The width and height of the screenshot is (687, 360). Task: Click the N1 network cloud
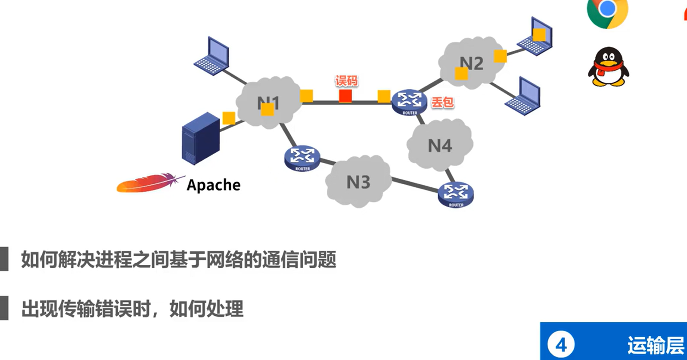[268, 102]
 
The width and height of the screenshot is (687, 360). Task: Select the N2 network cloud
[471, 63]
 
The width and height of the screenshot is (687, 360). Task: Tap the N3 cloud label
[358, 183]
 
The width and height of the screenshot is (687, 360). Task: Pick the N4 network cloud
[440, 145]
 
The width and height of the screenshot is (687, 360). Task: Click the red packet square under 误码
[345, 96]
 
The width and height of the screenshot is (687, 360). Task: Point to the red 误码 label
[347, 81]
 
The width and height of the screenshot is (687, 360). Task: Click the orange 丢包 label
[442, 102]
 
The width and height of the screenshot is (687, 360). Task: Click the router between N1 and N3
[302, 158]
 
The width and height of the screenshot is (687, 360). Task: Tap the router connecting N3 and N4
[456, 194]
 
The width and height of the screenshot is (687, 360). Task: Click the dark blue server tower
[200, 139]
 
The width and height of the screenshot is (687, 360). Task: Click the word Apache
[214, 185]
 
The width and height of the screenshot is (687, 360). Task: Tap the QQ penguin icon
[608, 67]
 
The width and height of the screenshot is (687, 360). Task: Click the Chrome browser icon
[607, 11]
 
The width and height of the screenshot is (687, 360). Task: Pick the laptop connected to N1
[212, 56]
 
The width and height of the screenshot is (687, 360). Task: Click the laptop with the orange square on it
[535, 37]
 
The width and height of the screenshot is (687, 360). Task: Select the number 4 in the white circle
[561, 344]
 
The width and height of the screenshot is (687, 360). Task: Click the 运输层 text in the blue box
[655, 345]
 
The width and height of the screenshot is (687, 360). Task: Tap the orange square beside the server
[229, 118]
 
